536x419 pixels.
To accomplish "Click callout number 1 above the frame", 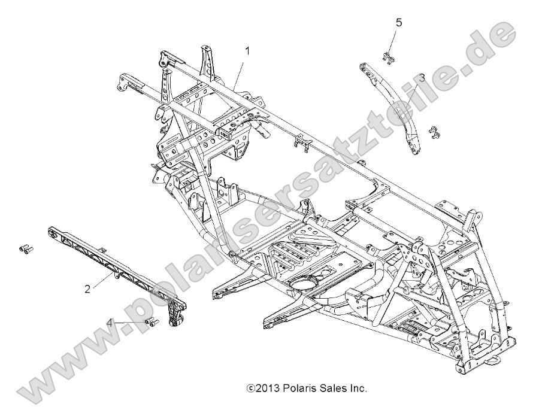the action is pos(247,51).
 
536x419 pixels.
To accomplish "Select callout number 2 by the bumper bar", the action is pos(87,289).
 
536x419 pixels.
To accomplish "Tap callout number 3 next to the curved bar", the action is pos(422,77).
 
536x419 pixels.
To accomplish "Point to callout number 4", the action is pos(110,323).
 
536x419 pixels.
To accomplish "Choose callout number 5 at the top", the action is pos(399,23).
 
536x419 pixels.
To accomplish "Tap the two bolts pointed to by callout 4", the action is pos(152,323).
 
